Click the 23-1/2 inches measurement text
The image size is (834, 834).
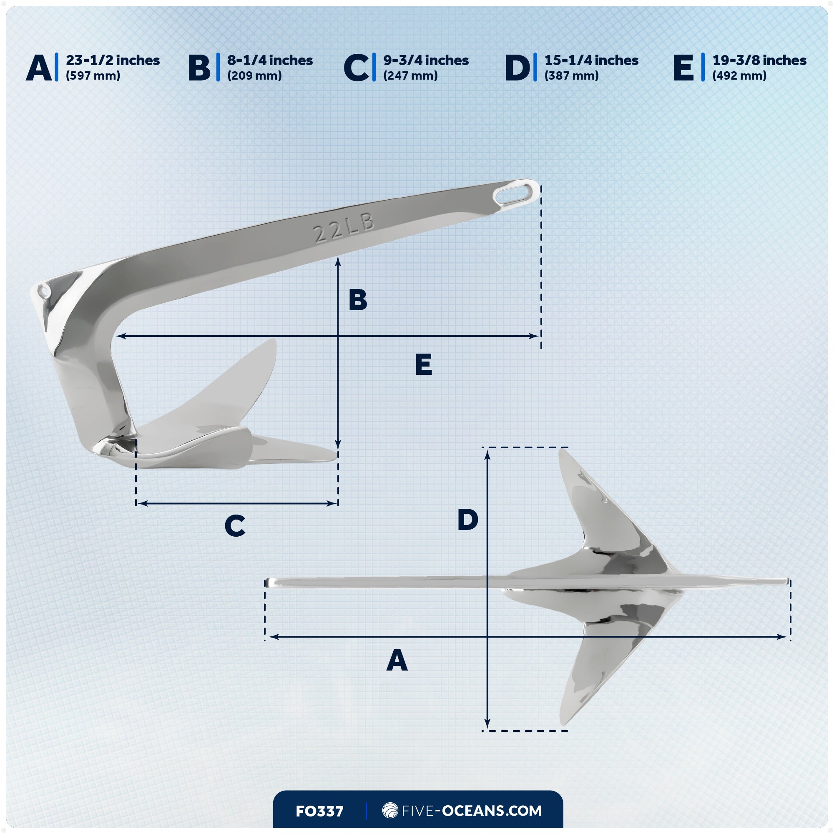coord(113,60)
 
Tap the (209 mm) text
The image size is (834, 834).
coord(255,76)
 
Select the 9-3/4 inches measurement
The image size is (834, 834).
coord(426,60)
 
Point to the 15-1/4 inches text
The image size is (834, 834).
coord(591,60)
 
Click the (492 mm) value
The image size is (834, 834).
coord(739,76)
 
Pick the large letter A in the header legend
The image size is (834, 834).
coord(39,68)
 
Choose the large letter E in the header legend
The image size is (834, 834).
coord(683,68)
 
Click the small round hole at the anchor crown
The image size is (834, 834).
coord(44,291)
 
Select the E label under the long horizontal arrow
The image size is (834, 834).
coord(424,365)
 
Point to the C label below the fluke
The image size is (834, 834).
coord(235,526)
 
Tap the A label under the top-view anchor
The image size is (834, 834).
coord(397,661)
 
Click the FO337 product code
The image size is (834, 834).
coord(319,811)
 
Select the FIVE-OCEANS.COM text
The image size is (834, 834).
coord(471,811)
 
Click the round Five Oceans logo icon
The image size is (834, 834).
coord(390,810)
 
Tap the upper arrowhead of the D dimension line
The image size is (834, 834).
coord(487,454)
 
